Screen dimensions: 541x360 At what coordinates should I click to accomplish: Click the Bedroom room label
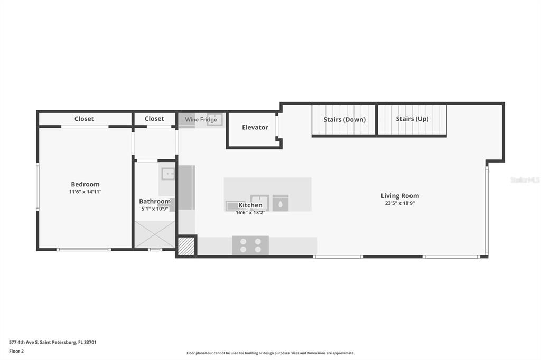85,184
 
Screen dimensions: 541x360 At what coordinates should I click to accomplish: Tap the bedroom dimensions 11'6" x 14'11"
85,192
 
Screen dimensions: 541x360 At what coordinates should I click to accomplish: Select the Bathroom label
155,201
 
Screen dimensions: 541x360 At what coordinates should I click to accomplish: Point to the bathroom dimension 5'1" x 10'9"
155,209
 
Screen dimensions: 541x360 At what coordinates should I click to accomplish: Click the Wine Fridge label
201,120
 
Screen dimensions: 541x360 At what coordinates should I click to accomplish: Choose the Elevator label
255,127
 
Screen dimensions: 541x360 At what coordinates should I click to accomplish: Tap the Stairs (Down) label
344,120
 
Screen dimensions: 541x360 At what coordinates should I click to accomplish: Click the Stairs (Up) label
412,119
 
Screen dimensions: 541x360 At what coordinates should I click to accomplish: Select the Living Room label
400,195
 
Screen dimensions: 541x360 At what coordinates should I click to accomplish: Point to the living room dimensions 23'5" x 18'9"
400,203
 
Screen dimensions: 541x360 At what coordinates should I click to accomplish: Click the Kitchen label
250,205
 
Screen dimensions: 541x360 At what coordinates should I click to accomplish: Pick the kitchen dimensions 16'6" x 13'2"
250,213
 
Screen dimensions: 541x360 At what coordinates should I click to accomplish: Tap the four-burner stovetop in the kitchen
250,245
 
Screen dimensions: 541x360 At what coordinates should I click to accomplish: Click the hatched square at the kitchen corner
186,246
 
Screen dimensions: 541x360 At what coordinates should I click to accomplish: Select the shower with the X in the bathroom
155,234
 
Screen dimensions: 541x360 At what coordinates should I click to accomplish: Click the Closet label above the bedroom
84,119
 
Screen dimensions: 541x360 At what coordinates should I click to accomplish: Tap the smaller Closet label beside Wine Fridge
154,119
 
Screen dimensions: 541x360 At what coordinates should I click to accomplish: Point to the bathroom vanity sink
169,174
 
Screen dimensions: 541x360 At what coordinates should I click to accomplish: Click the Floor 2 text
16,352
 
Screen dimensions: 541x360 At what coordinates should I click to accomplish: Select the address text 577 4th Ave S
23,343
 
